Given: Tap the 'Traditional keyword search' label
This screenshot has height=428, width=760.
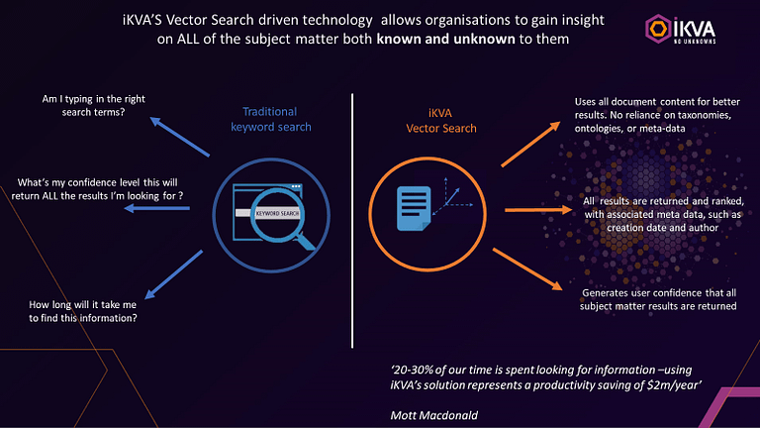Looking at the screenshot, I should point(270,119).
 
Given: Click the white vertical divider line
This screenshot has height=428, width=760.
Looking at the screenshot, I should point(354,218).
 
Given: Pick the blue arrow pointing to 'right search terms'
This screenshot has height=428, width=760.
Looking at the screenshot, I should point(178,137).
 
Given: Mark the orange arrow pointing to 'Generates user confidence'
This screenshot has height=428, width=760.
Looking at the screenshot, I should point(533,271).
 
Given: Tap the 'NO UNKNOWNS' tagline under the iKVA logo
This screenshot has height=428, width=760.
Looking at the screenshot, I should point(693,43).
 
